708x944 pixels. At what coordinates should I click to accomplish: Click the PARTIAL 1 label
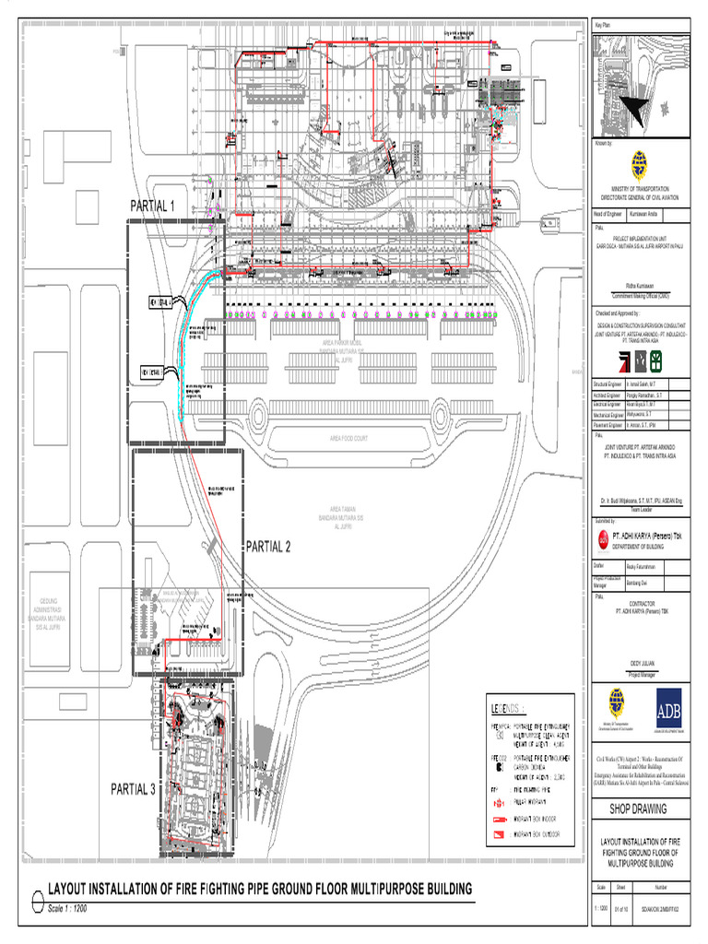pos(152,206)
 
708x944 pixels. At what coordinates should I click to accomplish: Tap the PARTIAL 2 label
pos(267,547)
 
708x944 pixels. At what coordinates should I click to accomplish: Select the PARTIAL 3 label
pos(134,788)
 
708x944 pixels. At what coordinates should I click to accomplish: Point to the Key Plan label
pos(605,23)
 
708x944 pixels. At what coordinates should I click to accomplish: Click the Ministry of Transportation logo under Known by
pos(640,166)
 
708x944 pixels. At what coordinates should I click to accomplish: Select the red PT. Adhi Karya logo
pos(604,537)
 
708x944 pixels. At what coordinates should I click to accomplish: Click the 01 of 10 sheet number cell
pos(620,910)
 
